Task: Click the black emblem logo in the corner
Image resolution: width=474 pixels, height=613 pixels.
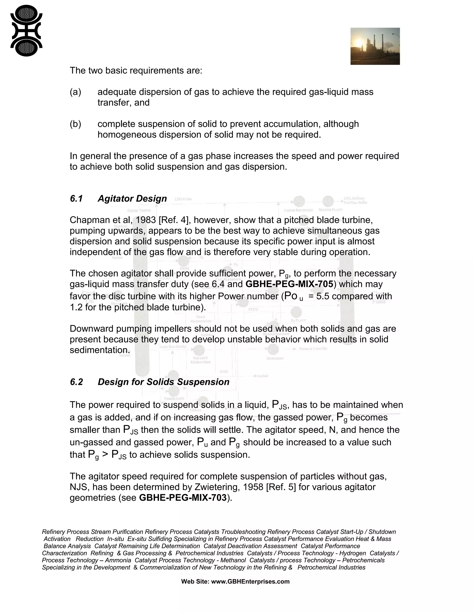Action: click(26, 31)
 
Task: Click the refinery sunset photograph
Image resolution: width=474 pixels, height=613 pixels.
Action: click(375, 46)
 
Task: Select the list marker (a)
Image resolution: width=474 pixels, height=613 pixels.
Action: click(75, 92)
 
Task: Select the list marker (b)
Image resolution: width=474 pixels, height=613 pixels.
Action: click(75, 124)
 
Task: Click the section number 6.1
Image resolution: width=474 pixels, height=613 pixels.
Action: click(76, 199)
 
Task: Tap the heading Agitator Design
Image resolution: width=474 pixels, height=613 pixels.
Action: click(132, 199)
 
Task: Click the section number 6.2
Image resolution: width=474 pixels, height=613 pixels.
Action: click(76, 382)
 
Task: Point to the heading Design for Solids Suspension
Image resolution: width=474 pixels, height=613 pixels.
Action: click(163, 382)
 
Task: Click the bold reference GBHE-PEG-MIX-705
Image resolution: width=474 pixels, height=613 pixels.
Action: click(289, 284)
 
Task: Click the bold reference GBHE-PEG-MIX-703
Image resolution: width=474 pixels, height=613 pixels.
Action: click(183, 498)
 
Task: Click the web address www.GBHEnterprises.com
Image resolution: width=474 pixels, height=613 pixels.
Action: click(250, 582)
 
